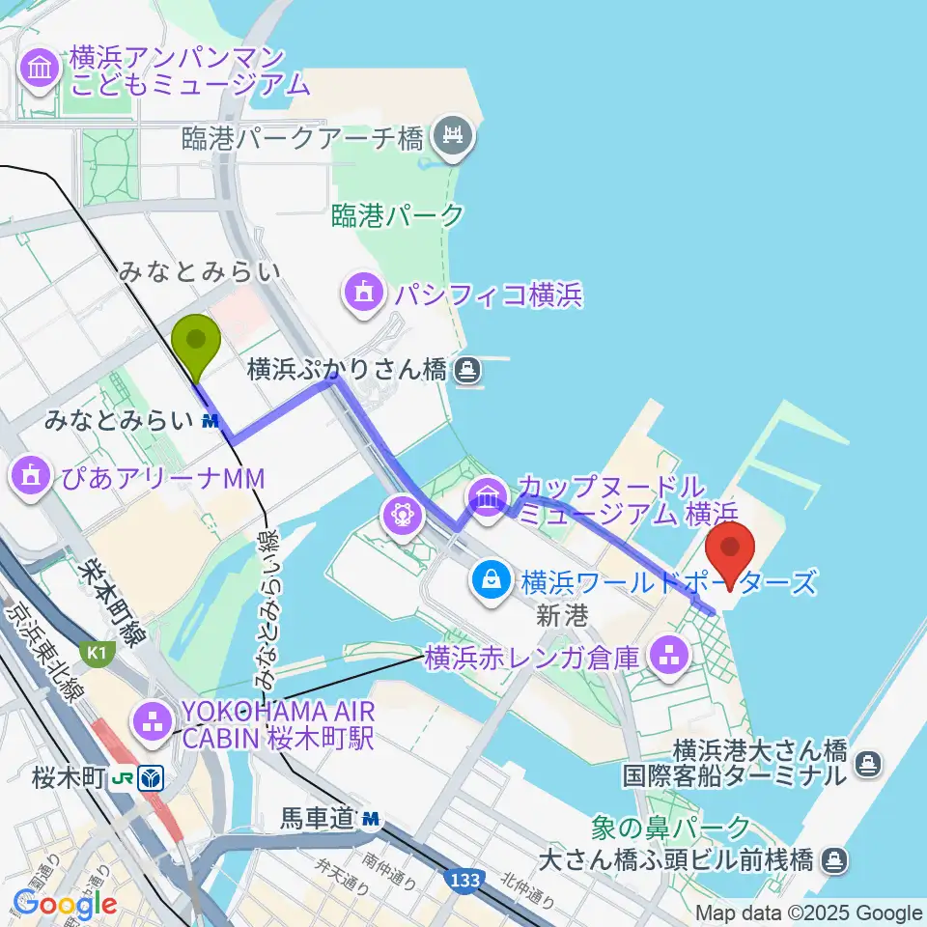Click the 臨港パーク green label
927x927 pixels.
[398, 215]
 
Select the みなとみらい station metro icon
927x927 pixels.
[211, 421]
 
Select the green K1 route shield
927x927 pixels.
[94, 654]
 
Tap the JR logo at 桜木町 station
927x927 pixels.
[125, 778]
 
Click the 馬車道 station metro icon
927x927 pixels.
[371, 820]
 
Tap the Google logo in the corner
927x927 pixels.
[65, 904]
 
